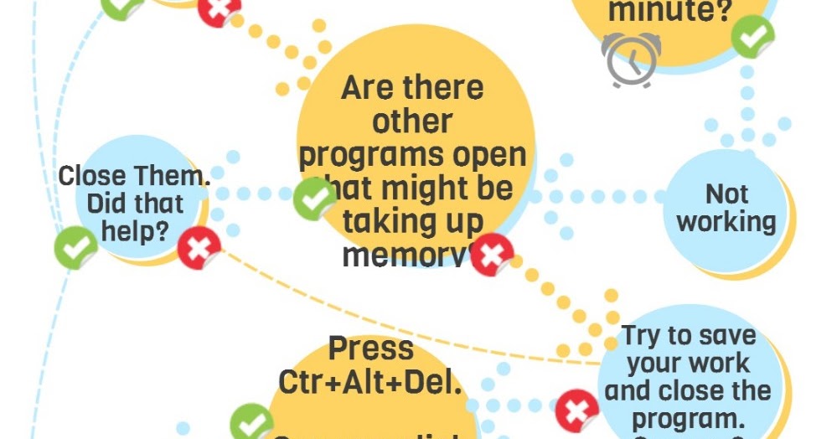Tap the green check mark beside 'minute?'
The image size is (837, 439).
(x=752, y=37)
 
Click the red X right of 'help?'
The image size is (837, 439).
(x=199, y=248)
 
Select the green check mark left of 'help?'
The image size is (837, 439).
(x=75, y=248)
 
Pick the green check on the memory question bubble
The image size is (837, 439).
(x=315, y=199)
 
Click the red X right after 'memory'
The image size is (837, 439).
(x=492, y=256)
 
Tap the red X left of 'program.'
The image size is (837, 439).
(x=576, y=411)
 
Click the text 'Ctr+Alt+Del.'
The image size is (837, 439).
(x=370, y=381)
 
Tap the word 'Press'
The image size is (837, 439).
(x=370, y=348)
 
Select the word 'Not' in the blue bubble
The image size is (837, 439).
(x=726, y=194)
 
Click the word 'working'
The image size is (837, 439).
(x=726, y=222)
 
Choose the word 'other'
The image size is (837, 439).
(x=412, y=121)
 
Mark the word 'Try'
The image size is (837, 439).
(x=643, y=336)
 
